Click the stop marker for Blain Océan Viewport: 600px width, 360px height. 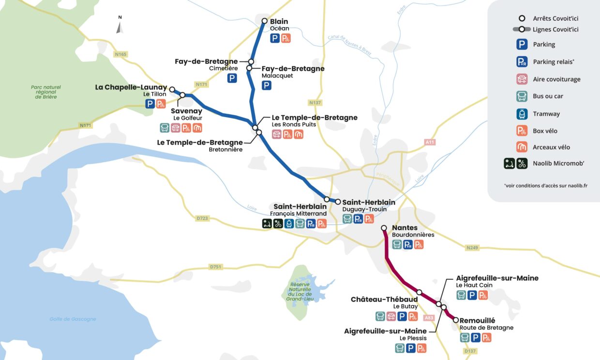[265, 21]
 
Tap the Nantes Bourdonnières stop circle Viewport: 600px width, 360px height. [384, 227]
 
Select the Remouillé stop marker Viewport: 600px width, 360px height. [456, 320]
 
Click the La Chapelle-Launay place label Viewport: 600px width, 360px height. [131, 87]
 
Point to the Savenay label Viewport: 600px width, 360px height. [186, 111]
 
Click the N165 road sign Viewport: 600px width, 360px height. [120, 54]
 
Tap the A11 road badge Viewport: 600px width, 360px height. [429, 142]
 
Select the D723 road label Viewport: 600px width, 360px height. [203, 218]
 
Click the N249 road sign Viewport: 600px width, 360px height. [472, 248]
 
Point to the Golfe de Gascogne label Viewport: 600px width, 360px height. [73, 319]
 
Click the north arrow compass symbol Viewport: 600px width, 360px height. [120, 25]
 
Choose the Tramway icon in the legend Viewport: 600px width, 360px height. [522, 114]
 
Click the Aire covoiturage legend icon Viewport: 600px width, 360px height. [522, 79]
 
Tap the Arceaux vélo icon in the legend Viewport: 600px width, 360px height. [522, 147]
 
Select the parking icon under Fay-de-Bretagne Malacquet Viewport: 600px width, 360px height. [267, 86]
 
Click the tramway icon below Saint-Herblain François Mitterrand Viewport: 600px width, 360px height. [288, 224]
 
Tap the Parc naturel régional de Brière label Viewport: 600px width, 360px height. [46, 92]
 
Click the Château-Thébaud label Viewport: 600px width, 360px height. [384, 300]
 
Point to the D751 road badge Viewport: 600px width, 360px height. [215, 267]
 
